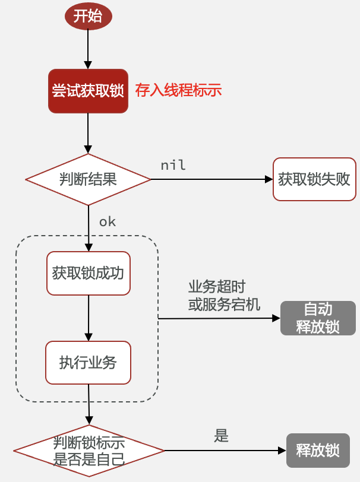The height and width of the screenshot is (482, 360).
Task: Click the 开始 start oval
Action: click(x=88, y=16)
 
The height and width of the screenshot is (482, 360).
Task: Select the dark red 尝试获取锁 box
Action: click(x=88, y=91)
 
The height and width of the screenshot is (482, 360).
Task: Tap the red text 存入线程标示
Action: click(x=178, y=91)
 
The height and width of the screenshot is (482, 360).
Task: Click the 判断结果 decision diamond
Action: click(x=88, y=179)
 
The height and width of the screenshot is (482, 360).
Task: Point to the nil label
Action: click(x=173, y=165)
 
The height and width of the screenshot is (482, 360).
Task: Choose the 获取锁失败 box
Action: click(x=314, y=179)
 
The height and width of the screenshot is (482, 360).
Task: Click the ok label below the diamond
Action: click(x=108, y=222)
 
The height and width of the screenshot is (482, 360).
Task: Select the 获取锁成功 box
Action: click(x=88, y=274)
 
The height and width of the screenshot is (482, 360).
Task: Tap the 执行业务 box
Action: click(x=88, y=362)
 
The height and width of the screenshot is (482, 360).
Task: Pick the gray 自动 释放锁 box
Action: click(x=318, y=318)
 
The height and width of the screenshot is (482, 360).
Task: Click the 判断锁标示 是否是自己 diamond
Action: click(x=89, y=451)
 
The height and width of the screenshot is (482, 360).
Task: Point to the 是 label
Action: click(x=221, y=436)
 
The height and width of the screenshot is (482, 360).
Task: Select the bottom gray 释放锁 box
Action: click(x=318, y=451)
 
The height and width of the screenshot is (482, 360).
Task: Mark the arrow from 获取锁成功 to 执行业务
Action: click(x=88, y=318)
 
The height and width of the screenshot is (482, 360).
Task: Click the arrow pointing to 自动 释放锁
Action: click(x=220, y=318)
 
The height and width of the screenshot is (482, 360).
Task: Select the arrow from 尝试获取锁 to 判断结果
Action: click(x=88, y=133)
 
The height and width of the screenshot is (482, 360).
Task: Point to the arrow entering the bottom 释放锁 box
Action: click(x=226, y=451)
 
